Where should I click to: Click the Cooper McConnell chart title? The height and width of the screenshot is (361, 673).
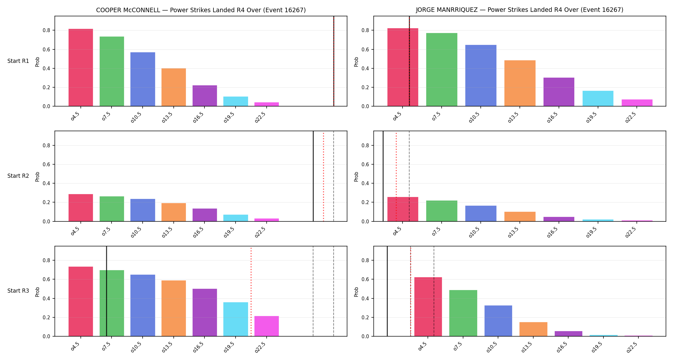coord(201,10)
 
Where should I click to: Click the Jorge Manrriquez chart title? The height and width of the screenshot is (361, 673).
coord(519,10)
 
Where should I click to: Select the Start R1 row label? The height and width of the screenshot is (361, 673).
coord(18,61)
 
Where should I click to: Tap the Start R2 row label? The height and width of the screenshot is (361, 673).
coord(18,176)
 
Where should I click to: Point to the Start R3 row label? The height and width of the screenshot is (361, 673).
coord(18,291)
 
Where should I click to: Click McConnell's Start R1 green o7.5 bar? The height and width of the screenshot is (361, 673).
coord(112,71)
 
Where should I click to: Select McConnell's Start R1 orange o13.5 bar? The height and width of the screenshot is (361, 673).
coord(173,87)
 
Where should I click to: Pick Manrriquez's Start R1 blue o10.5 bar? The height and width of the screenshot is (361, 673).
coord(481,75)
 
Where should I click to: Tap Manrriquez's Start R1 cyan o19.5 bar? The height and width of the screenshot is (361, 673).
coord(598,99)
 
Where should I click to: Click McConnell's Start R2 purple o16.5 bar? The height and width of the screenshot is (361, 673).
coord(204,215)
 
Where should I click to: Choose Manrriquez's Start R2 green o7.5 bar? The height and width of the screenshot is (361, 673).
coord(442,211)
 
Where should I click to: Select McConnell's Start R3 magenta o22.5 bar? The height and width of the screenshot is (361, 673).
coord(266,326)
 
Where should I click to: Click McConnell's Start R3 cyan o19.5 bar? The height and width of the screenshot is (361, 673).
coord(236,319)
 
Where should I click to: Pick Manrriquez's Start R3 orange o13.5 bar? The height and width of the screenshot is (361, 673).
coord(533,329)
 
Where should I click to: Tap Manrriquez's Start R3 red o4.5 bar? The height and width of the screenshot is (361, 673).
coord(428,307)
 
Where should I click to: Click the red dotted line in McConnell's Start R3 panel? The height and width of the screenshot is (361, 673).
coord(251,291)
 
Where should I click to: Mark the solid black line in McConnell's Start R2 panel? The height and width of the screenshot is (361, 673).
coord(313,176)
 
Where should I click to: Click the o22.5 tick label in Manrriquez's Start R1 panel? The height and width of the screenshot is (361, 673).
coord(631,117)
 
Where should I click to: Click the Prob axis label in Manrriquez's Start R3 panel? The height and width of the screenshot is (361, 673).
coord(356,292)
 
